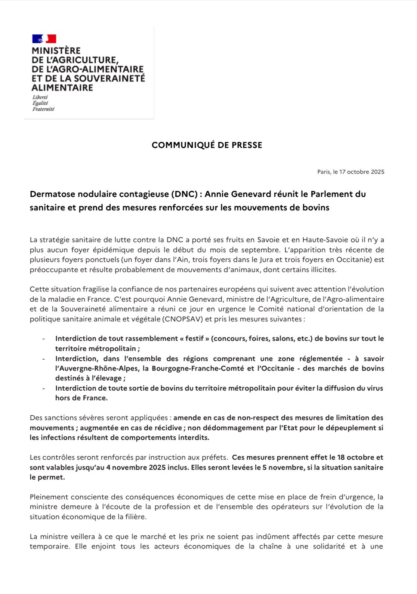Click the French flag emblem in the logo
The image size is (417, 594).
[44, 39]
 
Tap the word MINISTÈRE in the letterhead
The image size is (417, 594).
[56, 51]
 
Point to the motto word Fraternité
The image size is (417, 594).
[43, 109]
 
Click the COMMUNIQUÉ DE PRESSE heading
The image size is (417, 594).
[207, 145]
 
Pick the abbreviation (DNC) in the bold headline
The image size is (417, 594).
[185, 194]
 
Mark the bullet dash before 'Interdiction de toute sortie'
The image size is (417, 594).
[44, 388]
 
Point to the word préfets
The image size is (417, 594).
[216, 457]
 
